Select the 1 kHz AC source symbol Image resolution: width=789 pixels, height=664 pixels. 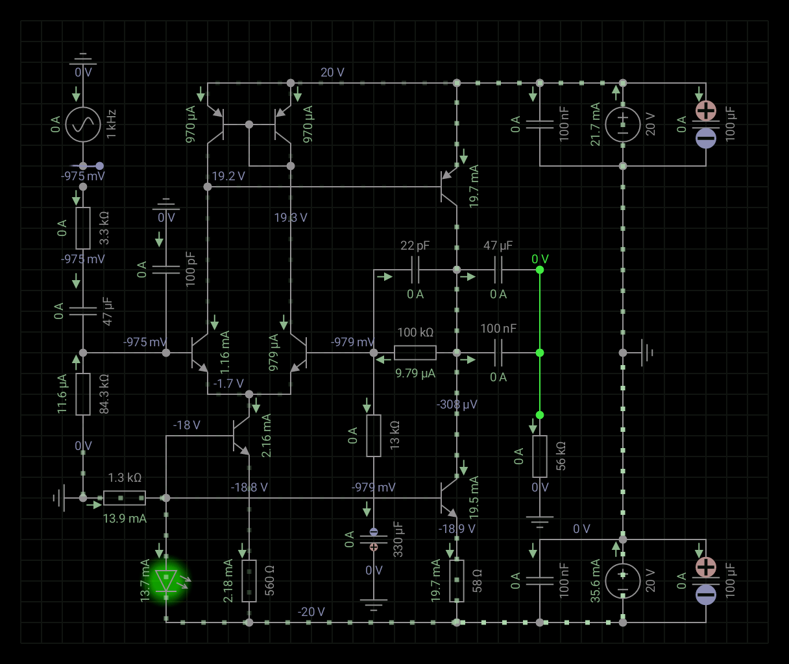[83, 124]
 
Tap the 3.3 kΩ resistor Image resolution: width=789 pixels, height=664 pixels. [83, 228]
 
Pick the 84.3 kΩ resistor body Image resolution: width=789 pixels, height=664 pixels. [83, 394]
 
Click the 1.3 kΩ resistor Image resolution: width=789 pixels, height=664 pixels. [125, 498]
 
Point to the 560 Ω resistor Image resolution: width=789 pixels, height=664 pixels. [249, 580]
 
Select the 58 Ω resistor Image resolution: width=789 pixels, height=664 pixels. [457, 580]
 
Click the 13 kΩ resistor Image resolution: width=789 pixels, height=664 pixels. [374, 436]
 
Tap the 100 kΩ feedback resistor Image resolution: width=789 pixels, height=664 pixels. [415, 353]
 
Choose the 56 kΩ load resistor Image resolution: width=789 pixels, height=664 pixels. [540, 456]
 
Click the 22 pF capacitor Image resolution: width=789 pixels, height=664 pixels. [415, 270]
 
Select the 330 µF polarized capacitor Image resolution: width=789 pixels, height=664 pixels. [374, 539]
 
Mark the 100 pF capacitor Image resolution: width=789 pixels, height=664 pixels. [166, 270]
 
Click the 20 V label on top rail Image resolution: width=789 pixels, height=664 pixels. [332, 72]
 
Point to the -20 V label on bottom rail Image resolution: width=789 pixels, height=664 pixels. [311, 611]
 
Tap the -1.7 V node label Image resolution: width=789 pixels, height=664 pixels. [228, 383]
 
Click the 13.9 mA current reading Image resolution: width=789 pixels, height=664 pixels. [125, 518]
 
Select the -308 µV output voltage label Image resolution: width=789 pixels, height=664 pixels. [457, 404]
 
